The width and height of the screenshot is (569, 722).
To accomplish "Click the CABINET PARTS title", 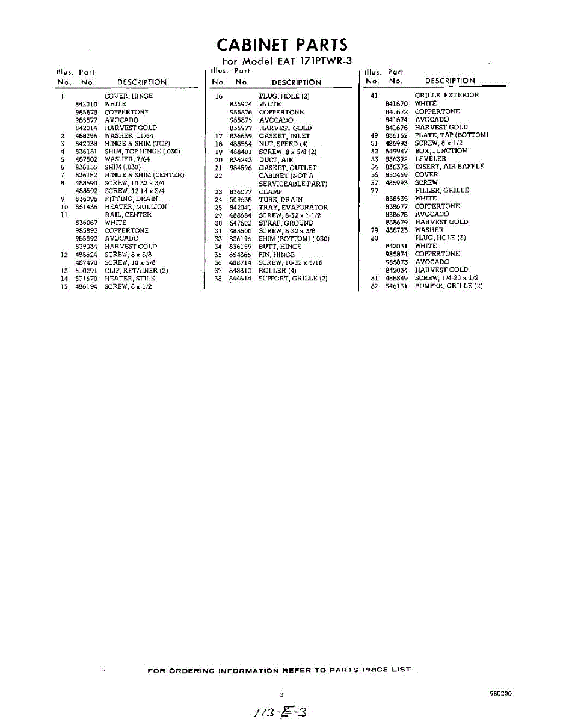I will coord(282,45).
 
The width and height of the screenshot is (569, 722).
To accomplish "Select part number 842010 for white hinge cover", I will coord(87,104).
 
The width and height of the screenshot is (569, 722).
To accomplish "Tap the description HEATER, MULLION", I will coord(135,207).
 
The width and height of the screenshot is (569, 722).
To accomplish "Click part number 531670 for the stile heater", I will coord(87,279).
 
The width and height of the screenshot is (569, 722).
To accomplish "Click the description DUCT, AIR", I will coord(275,160).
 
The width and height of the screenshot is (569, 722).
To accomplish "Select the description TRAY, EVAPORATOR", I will coord(293,208).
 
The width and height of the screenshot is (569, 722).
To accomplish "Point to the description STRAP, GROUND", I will coord(286,223).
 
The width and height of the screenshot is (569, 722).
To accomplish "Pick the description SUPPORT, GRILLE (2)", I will coord(293,279).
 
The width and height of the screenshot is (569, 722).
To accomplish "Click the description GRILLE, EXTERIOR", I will coord(447,95).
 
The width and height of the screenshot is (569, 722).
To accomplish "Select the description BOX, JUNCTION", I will coord(441,151).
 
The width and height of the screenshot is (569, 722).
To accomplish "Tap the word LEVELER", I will coord(431,159).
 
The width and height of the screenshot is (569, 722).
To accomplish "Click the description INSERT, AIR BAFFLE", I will coord(449,167).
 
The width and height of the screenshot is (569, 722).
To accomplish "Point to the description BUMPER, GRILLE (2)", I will coord(449,286).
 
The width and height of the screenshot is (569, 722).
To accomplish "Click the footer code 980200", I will coord(501,693).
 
